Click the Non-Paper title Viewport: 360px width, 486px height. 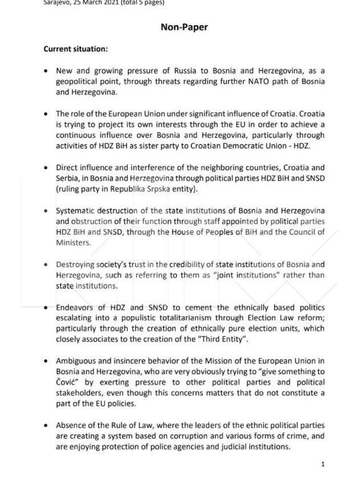(x=184, y=27)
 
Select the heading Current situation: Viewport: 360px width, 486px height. (x=75, y=49)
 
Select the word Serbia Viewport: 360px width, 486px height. (x=68, y=178)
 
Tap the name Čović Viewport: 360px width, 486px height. (x=69, y=382)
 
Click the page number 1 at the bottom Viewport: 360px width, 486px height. (x=323, y=464)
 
